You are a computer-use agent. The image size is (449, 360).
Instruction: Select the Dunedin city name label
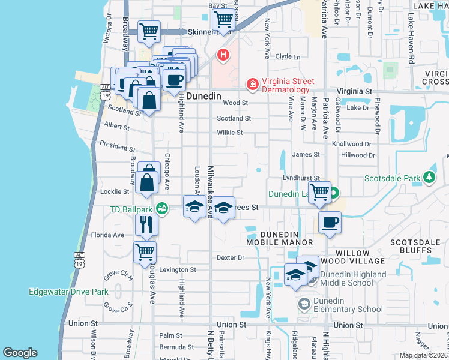[203, 96]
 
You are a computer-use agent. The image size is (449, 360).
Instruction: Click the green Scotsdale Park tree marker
[429, 178]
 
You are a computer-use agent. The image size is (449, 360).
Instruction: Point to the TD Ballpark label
[131, 209]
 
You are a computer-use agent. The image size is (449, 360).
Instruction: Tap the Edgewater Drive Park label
[68, 292]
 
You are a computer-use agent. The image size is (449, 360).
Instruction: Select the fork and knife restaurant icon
[146, 225]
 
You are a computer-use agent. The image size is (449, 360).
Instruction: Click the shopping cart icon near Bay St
[223, 19]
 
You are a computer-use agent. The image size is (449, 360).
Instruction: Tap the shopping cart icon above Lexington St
[145, 251]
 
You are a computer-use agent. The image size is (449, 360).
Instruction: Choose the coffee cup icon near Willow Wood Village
[330, 222]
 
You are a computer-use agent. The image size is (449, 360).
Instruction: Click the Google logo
[20, 353]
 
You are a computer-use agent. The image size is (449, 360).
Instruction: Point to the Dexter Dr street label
[231, 258]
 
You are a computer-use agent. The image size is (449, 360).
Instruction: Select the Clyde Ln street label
[287, 57]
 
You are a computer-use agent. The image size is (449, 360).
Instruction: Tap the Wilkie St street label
[229, 133]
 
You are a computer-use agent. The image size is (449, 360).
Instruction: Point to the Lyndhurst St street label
[301, 178]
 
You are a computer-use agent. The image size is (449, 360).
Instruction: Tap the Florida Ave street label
[107, 235]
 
